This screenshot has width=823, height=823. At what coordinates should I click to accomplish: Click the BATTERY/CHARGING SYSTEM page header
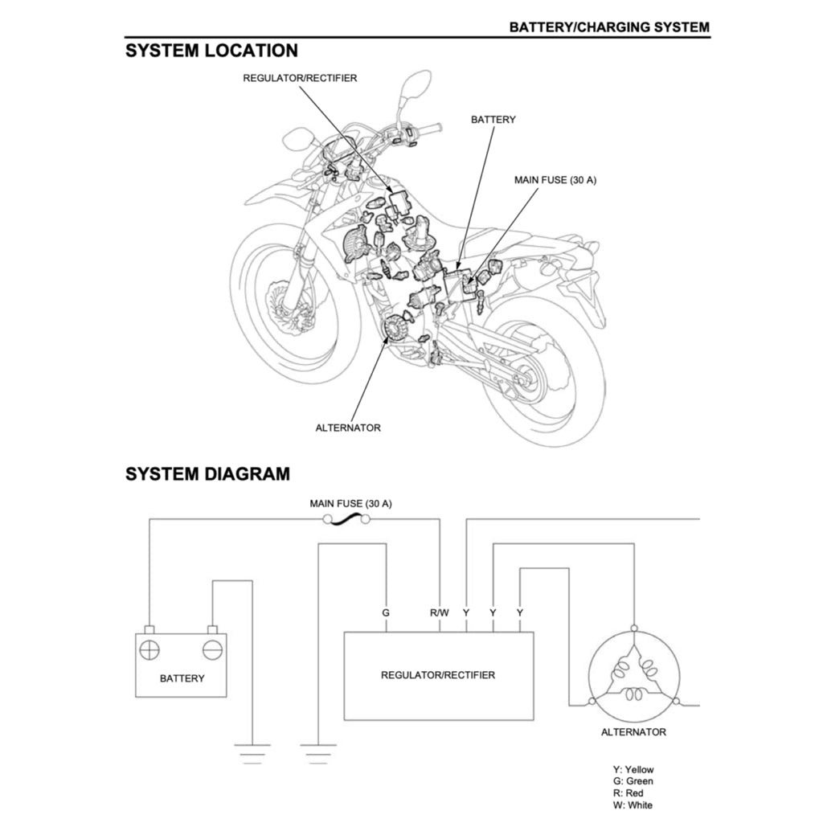pyautogui.click(x=609, y=27)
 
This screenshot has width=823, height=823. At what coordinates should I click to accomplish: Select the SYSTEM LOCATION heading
pyautogui.click(x=211, y=51)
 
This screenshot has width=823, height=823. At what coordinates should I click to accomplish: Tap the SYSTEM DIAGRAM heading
pyautogui.click(x=207, y=474)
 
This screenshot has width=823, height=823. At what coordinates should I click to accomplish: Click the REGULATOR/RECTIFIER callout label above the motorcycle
pyautogui.click(x=300, y=78)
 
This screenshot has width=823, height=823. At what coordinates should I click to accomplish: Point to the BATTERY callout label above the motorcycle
pyautogui.click(x=493, y=119)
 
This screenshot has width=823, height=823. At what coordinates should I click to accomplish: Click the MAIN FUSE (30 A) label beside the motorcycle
pyautogui.click(x=555, y=180)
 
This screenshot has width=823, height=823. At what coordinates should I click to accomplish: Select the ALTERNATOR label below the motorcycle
pyautogui.click(x=348, y=428)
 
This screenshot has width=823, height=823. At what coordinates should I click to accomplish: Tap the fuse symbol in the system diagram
pyautogui.click(x=346, y=520)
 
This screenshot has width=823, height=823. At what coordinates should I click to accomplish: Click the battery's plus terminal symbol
pyautogui.click(x=149, y=649)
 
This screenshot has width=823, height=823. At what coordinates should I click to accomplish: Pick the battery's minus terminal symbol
pyautogui.click(x=212, y=649)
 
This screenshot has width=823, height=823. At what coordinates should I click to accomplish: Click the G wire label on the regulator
pyautogui.click(x=386, y=612)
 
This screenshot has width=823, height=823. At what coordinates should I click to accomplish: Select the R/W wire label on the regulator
pyautogui.click(x=439, y=612)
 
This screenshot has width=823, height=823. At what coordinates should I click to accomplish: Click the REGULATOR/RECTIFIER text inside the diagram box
pyautogui.click(x=438, y=675)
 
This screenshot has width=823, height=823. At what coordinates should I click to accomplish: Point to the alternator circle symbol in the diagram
pyautogui.click(x=634, y=674)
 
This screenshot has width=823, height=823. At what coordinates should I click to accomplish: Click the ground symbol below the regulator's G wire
pyautogui.click(x=318, y=752)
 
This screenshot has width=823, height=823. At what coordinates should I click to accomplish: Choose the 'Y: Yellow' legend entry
pyautogui.click(x=633, y=769)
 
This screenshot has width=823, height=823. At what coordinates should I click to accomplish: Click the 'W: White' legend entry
pyautogui.click(x=633, y=805)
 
